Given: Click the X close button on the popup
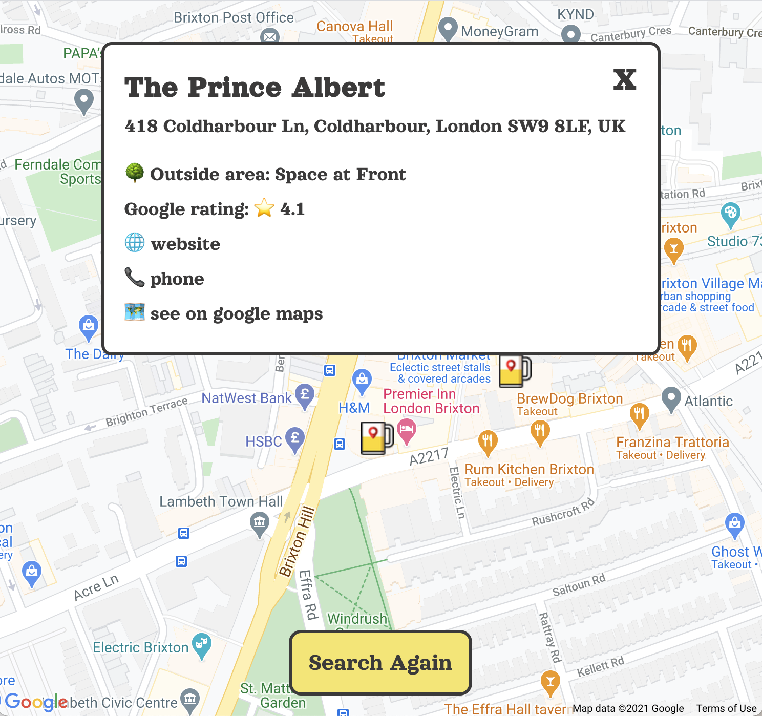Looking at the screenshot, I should pos(624,80).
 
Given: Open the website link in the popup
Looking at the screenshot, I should pos(185,244).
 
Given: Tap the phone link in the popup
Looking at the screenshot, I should pos(177,279).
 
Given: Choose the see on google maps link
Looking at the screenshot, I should pos(236,314).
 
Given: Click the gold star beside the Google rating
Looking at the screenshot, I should pos(264,208).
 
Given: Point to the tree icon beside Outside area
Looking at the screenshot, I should pos(135,173).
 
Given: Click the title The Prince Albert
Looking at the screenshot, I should pos(255,88).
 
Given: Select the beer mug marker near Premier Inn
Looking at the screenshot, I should pos(376,438).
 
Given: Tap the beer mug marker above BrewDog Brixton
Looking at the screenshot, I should pos(514,371).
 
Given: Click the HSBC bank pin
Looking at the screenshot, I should pos(295,439).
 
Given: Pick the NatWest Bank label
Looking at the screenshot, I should pos(246,398).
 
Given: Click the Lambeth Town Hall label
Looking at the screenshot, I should pos(221,501).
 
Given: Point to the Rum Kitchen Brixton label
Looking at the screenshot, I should pos(529,470).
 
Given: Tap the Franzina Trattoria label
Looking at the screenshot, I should pos(672,443).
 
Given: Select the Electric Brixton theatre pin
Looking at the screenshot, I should pos(201,645).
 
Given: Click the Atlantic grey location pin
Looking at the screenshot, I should pos(671,398).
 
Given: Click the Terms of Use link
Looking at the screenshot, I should pos(726,708).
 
